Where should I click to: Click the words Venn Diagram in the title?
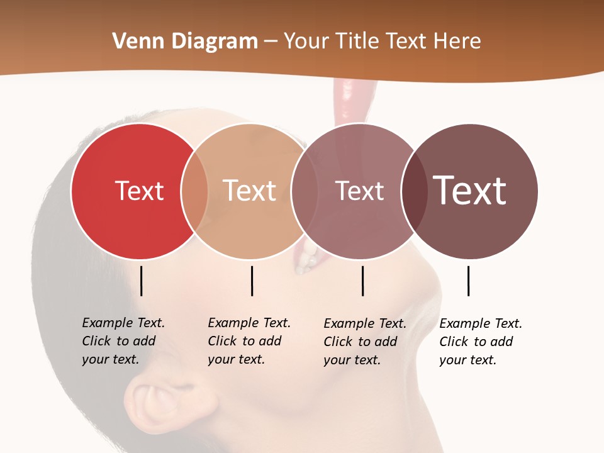[x=185, y=42]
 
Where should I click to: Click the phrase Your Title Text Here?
[x=382, y=42]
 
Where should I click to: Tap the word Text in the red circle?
[x=139, y=191]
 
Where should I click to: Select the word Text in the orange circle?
[x=250, y=191]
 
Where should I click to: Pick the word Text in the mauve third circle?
[x=359, y=191]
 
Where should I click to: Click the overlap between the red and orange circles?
[x=194, y=191]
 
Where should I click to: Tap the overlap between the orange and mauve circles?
[x=299, y=191]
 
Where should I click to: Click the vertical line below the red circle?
[x=142, y=281]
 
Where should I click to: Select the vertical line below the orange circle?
[x=252, y=281]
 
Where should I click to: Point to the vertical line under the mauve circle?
[x=363, y=281]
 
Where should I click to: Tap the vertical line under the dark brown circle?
[x=469, y=281]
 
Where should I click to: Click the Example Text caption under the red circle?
[x=123, y=341]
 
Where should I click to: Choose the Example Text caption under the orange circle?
[x=249, y=341]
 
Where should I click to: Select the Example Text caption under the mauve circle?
[x=364, y=342]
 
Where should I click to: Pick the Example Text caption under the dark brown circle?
[x=480, y=342]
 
